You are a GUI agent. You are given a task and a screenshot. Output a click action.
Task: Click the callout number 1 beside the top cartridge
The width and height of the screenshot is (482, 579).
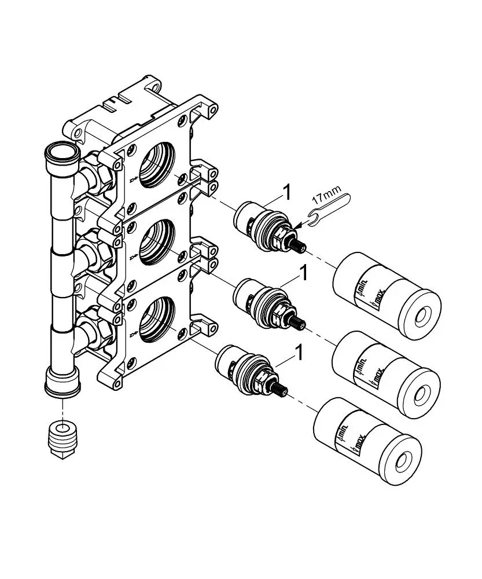(286, 193)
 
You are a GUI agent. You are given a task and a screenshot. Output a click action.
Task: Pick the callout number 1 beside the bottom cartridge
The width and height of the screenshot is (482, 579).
(299, 352)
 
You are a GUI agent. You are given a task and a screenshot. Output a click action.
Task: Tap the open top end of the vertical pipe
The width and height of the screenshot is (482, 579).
(61, 151)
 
